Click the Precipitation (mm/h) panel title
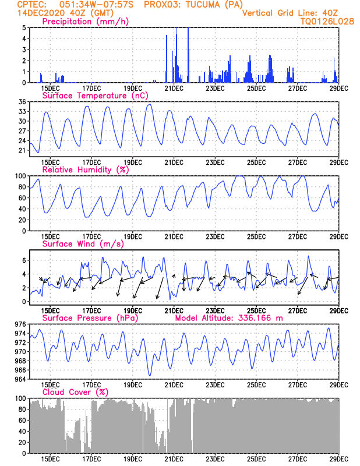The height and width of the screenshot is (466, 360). point(86,22)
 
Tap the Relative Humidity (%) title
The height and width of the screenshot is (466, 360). point(85,170)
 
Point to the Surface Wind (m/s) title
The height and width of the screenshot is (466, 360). point(83,243)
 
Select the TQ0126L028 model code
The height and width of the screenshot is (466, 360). point(327,21)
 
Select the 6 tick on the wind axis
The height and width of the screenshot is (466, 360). point(24,260)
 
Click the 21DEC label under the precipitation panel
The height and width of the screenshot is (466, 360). point(174,89)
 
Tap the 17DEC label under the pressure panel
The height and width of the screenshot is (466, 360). point(91,384)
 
